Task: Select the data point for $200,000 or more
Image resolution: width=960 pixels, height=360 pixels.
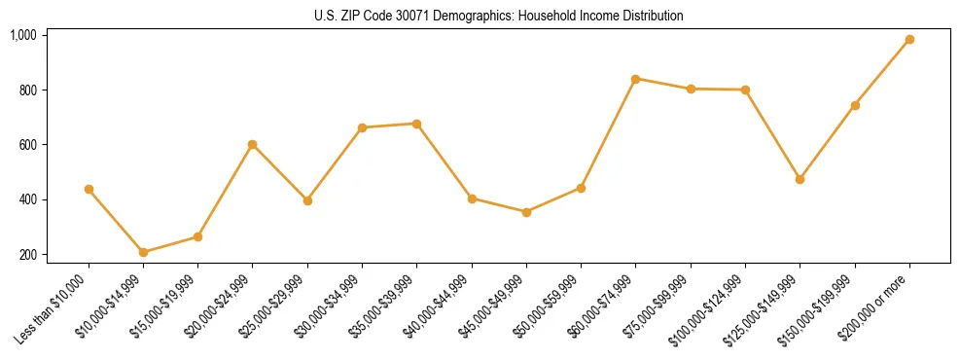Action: coord(909,40)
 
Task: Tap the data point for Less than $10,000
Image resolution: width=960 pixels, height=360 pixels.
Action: coord(89,189)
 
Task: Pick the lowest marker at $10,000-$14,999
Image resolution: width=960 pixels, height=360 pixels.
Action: coord(144,252)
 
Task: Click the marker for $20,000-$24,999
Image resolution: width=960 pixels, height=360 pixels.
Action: coord(253,144)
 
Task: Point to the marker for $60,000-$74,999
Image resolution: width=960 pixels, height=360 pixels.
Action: coord(636,79)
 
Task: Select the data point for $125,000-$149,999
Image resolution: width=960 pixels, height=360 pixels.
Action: coord(800,179)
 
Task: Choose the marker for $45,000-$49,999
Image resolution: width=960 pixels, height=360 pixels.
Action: coord(526,211)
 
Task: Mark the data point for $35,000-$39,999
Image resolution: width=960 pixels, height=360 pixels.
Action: coord(417,124)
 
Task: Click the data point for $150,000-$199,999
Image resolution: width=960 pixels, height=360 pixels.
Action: coord(855,105)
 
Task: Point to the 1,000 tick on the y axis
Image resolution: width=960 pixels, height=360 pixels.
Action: coord(22,35)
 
